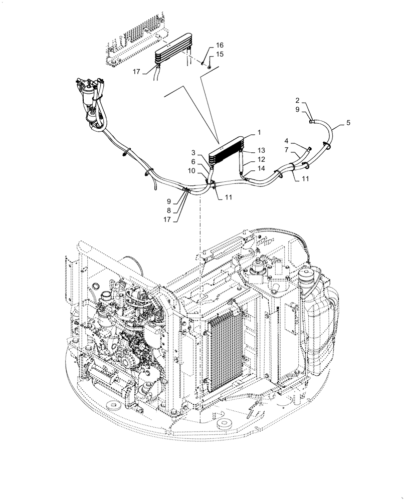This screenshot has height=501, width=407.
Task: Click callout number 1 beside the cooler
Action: (259, 133)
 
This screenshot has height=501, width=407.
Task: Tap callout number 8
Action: (169, 210)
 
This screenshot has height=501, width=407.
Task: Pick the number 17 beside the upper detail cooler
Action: (136, 72)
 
